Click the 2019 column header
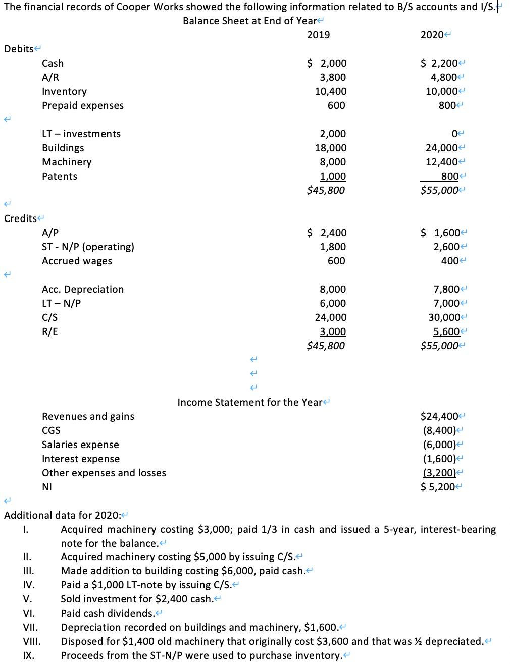point(318,35)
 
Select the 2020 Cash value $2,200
point(438,63)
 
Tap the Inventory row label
point(64,91)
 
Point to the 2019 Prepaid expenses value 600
point(336,105)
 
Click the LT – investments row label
point(81,134)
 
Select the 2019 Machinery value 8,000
point(333,162)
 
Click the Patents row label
point(60,176)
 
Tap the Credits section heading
point(20,218)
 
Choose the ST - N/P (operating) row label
point(88,247)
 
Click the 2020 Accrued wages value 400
point(451,261)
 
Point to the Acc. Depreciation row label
point(83,289)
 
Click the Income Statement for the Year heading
point(249,402)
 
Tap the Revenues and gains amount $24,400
point(438,416)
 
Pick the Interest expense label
point(81,459)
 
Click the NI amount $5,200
point(437,487)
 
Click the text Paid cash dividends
point(108,613)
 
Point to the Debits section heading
point(19,49)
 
